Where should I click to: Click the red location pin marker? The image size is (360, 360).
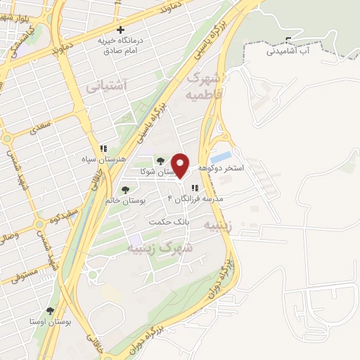point(181,166)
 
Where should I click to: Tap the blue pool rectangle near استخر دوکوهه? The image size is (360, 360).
point(221,157)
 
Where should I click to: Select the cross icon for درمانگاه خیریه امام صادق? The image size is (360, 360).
point(122,30)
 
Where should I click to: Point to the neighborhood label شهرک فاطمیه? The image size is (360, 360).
point(205,85)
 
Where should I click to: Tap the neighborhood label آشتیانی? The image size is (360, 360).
point(106,86)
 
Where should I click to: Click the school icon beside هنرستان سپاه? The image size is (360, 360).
point(103,148)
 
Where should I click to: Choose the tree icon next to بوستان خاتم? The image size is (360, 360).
point(125,189)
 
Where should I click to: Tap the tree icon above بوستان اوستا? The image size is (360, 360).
point(50,310)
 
